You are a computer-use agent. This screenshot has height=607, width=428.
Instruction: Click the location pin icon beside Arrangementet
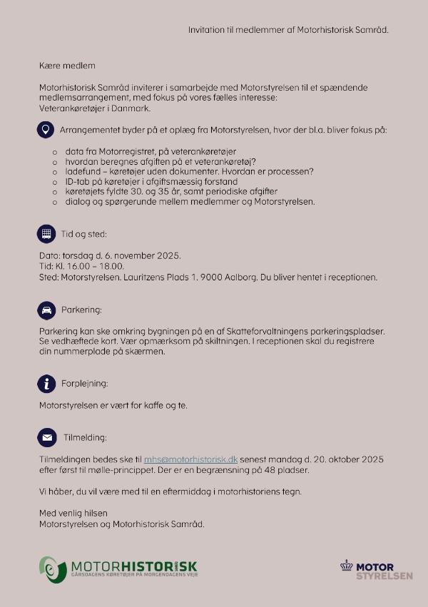coord(46,131)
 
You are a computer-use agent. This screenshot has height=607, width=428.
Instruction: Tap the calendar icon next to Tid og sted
coord(46,233)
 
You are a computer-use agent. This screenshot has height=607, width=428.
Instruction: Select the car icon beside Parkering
coord(46,310)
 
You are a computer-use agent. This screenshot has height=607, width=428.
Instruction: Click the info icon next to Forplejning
coord(46,384)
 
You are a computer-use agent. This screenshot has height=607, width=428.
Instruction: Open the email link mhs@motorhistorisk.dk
coord(190,460)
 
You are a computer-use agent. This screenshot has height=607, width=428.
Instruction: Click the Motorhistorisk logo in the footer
coord(118,568)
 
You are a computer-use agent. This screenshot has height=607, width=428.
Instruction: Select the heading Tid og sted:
coord(83,234)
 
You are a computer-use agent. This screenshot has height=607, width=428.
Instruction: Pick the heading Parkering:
coord(81,310)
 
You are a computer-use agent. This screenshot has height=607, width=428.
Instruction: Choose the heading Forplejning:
coord(85,384)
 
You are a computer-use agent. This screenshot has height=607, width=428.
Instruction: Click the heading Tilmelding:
coord(85,437)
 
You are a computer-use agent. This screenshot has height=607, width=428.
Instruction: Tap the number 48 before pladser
coord(276,471)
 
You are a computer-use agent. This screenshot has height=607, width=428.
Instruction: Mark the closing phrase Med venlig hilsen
coord(73,514)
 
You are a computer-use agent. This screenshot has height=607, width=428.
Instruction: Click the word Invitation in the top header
coord(206,31)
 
